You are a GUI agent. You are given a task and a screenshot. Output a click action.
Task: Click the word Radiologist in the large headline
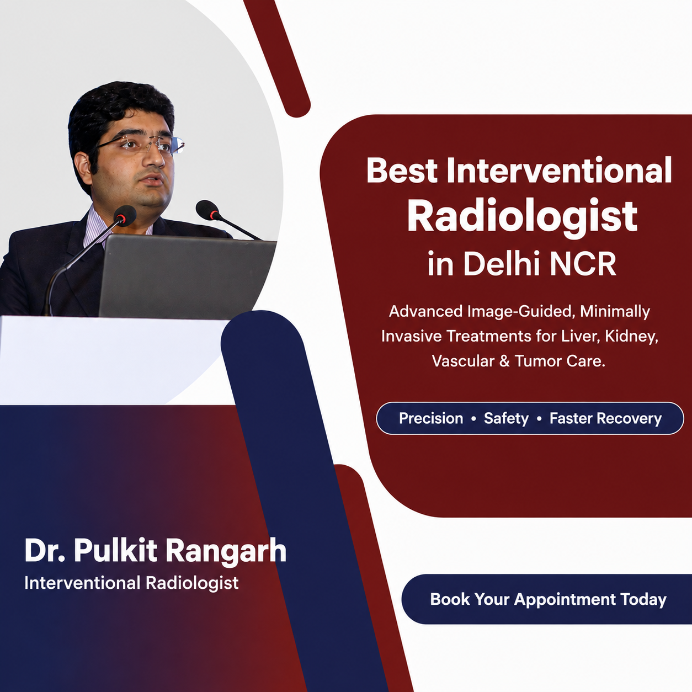click(x=522, y=216)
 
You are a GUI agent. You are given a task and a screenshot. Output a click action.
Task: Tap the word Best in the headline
click(x=402, y=171)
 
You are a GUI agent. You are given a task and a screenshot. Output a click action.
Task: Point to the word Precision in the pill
click(x=431, y=418)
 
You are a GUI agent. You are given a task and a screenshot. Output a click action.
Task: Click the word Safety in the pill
click(x=507, y=418)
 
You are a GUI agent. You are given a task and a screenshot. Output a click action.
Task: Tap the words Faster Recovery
click(x=605, y=418)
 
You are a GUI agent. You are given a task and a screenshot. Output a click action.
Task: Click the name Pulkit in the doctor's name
click(x=115, y=551)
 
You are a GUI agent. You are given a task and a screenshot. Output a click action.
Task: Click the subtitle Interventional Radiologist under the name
click(x=131, y=583)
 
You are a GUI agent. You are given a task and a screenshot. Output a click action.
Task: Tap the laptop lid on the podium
click(x=187, y=276)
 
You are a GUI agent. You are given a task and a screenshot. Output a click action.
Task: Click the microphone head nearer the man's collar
click(x=124, y=215)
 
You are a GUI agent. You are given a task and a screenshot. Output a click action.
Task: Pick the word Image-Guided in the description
click(x=519, y=312)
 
